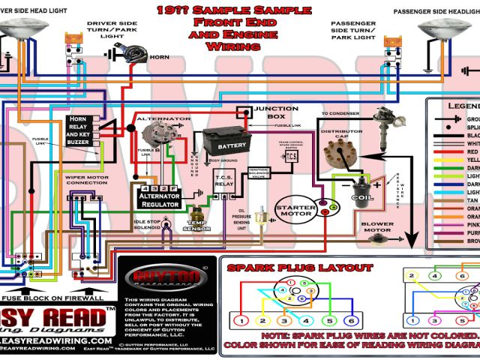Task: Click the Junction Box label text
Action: (x=275, y=112)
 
